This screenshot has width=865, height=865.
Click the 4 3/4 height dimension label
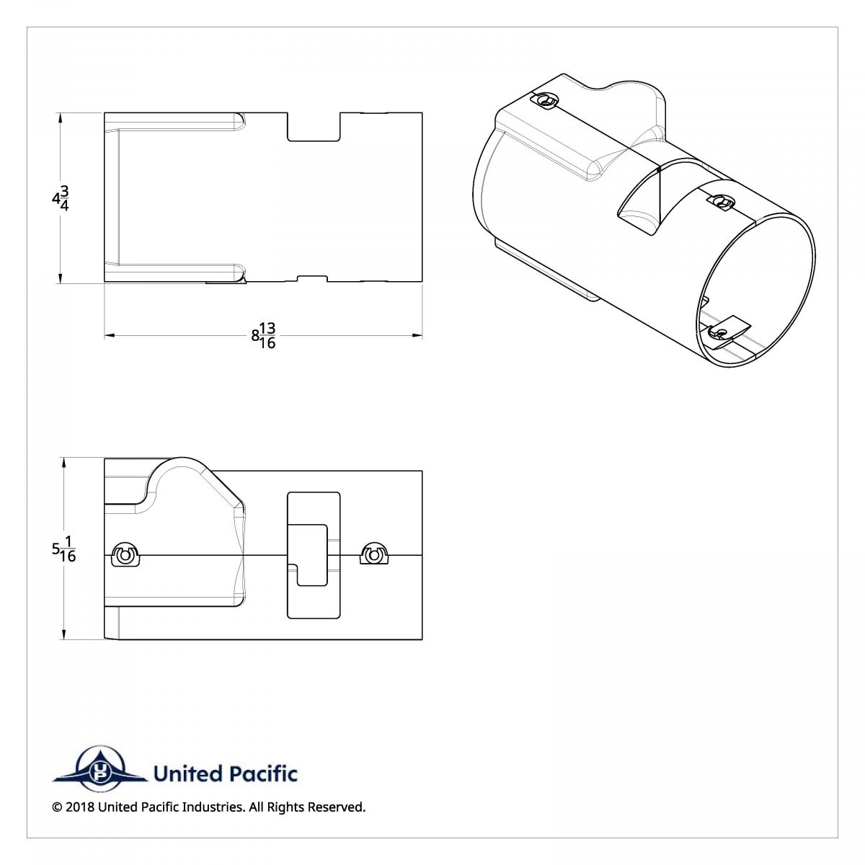[60, 198]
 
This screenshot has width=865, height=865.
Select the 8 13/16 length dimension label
[264, 335]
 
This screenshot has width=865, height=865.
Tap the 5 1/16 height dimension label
[63, 549]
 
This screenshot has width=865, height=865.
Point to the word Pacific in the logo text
[262, 774]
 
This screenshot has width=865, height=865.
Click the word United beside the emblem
[188, 774]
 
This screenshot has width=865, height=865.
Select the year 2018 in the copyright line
[79, 807]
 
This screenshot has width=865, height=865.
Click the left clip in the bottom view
[126, 556]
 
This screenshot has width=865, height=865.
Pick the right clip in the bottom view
[373, 554]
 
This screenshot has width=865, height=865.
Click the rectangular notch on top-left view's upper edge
[314, 126]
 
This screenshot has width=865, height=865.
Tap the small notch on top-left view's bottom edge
[312, 278]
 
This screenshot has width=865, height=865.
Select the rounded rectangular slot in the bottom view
[314, 555]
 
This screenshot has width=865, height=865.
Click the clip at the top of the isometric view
[547, 101]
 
